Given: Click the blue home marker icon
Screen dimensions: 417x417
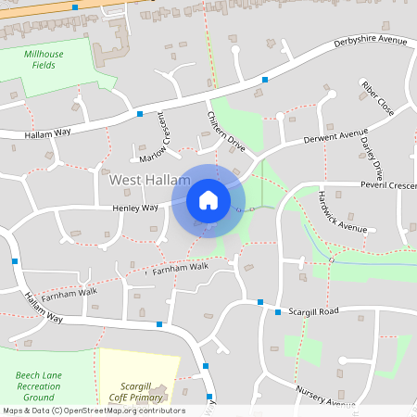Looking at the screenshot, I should [x=208, y=199].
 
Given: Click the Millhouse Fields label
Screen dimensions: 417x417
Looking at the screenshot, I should [x=44, y=60].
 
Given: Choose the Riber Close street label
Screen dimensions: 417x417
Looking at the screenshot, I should [x=378, y=98].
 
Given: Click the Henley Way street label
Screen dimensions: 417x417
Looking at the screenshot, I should [x=135, y=208].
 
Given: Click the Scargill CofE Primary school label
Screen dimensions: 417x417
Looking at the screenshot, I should [x=129, y=391].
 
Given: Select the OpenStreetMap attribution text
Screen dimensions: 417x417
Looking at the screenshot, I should [x=94, y=411].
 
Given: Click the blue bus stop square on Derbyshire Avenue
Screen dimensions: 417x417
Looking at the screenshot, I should [x=265, y=81].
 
